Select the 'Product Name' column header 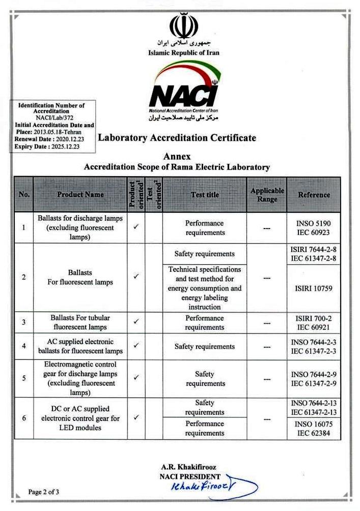click(80, 194)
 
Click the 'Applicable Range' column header click(267, 194)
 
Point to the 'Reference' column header click(314, 194)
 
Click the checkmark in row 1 click(136, 228)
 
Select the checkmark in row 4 click(136, 346)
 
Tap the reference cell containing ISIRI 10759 click(314, 288)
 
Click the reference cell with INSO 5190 click(314, 228)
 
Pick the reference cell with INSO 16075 click(314, 428)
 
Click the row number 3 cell click(24, 322)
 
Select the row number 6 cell click(24, 418)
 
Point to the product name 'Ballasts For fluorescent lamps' click(80, 277)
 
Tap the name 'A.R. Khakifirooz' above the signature click(190, 467)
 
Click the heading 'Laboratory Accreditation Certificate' click(177, 137)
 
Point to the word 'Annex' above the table click(177, 156)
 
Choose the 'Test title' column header click(205, 194)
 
